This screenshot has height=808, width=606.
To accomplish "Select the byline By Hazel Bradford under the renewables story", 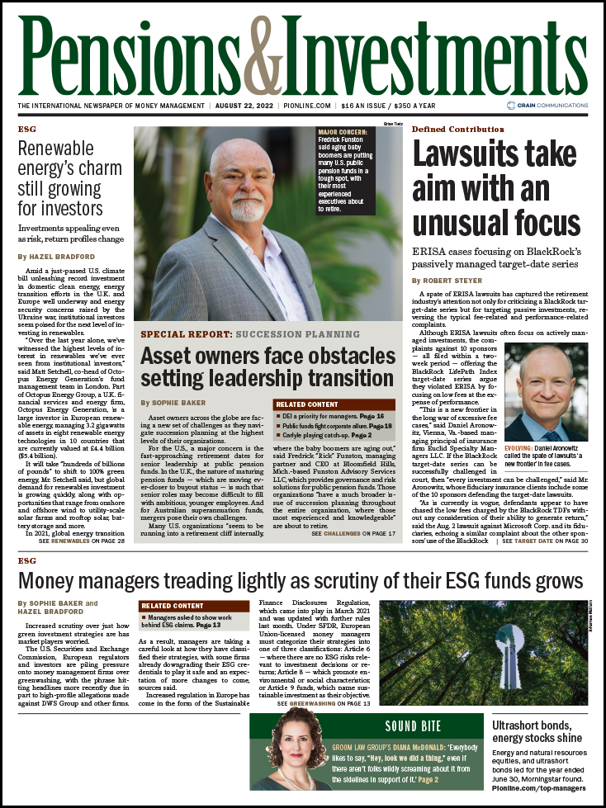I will [x=54, y=258].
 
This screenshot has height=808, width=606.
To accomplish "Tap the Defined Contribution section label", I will [x=457, y=130].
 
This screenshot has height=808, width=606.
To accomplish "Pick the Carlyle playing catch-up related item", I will [x=320, y=434].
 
